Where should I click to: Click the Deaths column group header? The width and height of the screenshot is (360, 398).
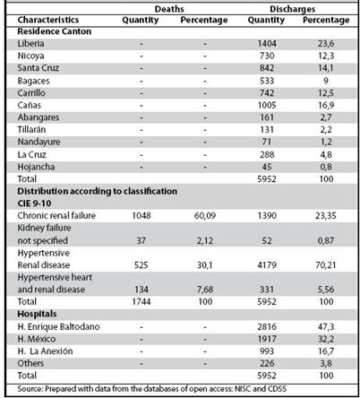[x=169, y=9]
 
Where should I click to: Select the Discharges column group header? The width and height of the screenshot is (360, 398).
[x=292, y=9]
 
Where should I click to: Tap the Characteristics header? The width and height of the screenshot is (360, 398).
[x=48, y=20]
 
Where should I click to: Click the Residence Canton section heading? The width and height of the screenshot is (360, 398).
[x=55, y=31]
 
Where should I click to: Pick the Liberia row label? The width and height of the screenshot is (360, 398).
[x=30, y=44]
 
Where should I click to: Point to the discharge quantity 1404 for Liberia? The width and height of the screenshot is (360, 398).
[x=267, y=44]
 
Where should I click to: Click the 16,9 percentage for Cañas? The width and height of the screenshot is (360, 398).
[x=326, y=105]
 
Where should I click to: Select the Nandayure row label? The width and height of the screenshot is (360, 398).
[x=39, y=142]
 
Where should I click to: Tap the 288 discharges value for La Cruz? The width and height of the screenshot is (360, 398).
[x=267, y=154]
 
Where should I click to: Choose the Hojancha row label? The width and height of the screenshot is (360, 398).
[x=36, y=167]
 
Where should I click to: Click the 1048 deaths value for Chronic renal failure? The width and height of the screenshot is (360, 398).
[x=141, y=215]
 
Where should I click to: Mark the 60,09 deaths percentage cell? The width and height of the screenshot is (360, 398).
[x=205, y=215]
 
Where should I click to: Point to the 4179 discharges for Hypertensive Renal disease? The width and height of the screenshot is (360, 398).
[x=267, y=264]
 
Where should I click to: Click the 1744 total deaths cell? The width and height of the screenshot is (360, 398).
[x=141, y=301]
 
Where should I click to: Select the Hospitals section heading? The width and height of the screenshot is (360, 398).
[x=37, y=314]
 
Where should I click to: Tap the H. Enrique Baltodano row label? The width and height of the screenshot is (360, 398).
[x=58, y=326]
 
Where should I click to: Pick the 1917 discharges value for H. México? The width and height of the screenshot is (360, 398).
[x=267, y=339]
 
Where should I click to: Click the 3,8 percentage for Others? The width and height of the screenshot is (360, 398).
[x=326, y=363]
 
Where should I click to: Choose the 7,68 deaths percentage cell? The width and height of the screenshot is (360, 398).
[x=205, y=290]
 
